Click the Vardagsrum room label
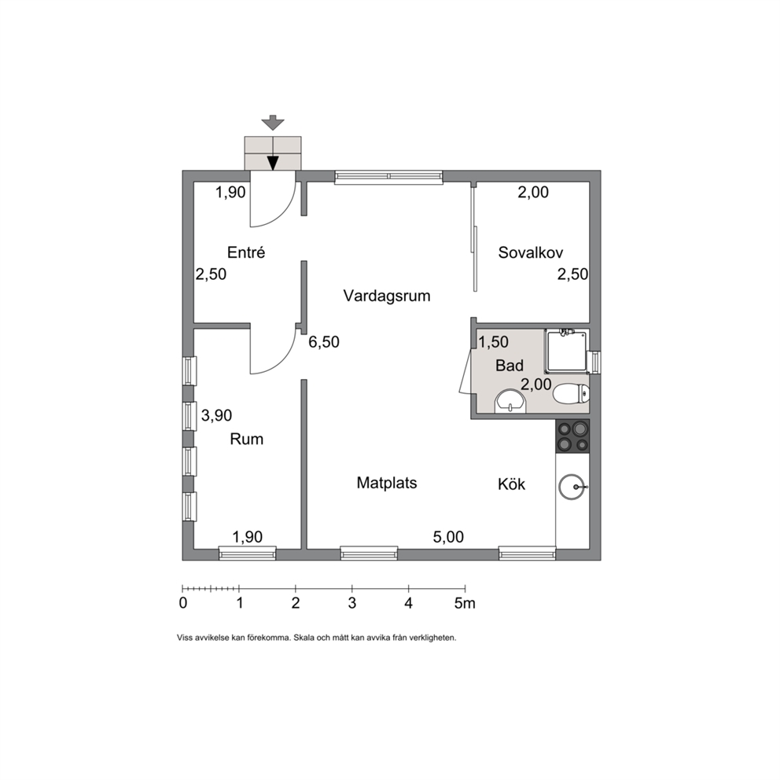pyautogui.click(x=387, y=296)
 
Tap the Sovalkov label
pyautogui.click(x=530, y=252)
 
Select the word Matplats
pyautogui.click(x=387, y=483)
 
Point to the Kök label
pyautogui.click(x=511, y=484)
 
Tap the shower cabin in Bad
pyautogui.click(x=566, y=351)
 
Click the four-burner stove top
pyautogui.click(x=572, y=436)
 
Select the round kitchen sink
pyautogui.click(x=572, y=487)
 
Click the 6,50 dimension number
pyautogui.click(x=324, y=342)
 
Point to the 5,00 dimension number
pyautogui.click(x=448, y=537)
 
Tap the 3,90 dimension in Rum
pyautogui.click(x=216, y=415)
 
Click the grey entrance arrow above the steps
pyautogui.click(x=273, y=123)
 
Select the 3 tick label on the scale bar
pyautogui.click(x=352, y=603)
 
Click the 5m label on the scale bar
pyautogui.click(x=465, y=603)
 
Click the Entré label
pyautogui.click(x=246, y=252)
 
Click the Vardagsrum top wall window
pyautogui.click(x=388, y=177)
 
